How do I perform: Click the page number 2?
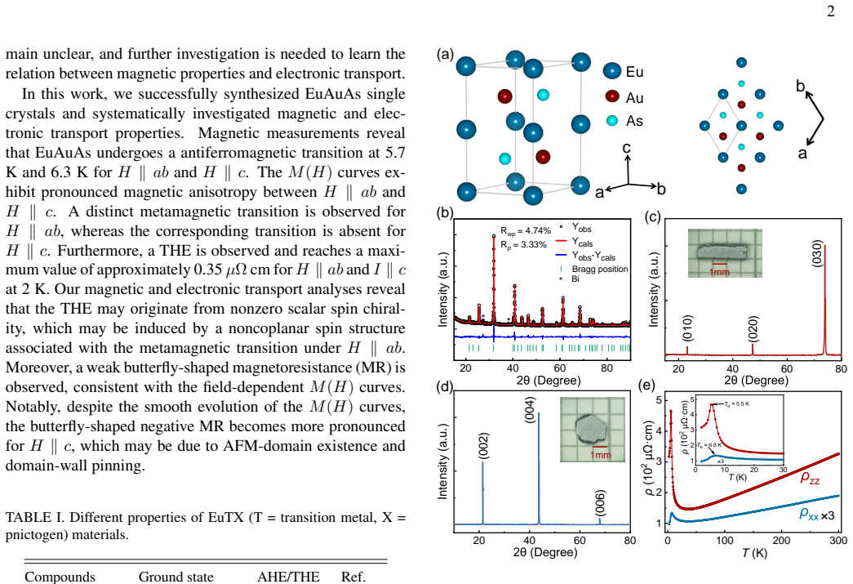pos(830,11)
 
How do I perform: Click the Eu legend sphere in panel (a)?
pos(612,71)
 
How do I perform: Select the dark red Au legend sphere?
pos(612,96)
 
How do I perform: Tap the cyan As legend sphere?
pos(612,120)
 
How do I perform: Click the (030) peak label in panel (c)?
pos(817,254)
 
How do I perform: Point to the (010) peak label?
pos(687,328)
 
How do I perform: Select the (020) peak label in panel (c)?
pos(753,328)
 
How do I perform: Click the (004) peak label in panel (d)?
pos(529,409)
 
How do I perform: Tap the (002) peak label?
pos(483,446)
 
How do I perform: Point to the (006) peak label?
pos(600,503)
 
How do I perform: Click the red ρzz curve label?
pos(810,478)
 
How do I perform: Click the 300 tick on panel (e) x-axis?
pos(838,541)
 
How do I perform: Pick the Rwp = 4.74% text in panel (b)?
pos(526,231)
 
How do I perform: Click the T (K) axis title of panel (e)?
pos(754,554)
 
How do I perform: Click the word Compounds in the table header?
pos(60,577)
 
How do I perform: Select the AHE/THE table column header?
pos(288,577)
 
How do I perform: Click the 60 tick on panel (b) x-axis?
pos(560,368)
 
